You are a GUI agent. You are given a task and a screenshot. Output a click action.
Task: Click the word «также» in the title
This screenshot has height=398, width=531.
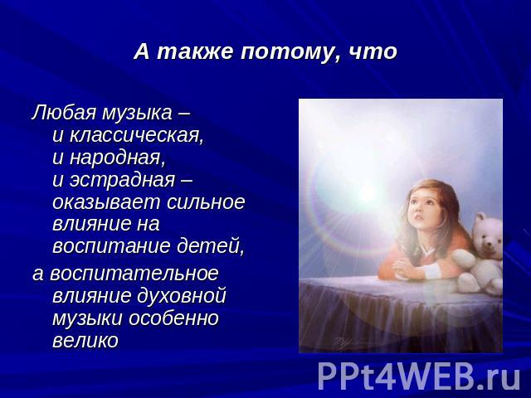click(x=195, y=52)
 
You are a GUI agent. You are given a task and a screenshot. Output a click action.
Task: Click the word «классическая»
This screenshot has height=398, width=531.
click(x=136, y=136)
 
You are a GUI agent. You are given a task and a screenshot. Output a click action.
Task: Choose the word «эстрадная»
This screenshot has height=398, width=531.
click(x=122, y=180)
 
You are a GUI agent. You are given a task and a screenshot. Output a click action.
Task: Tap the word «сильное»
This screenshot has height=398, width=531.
click(x=206, y=202)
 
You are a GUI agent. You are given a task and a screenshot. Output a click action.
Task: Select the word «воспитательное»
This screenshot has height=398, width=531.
click(x=134, y=273)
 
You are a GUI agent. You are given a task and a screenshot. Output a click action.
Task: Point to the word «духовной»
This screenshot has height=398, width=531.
click(x=181, y=296)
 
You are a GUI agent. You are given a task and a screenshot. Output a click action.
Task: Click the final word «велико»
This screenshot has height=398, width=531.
click(x=85, y=340)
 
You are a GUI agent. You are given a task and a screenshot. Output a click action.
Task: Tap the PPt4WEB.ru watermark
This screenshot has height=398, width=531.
click(x=419, y=376)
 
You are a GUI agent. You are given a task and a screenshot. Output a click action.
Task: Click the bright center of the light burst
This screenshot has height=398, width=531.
click(x=368, y=193)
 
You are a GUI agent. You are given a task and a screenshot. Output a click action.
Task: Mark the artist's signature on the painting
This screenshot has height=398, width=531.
click(x=348, y=342)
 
